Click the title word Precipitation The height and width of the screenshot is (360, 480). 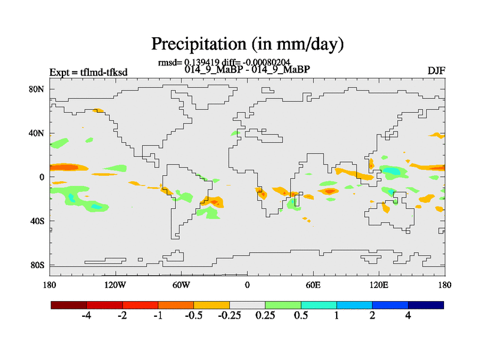click(194, 44)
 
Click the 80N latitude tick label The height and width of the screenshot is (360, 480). click(38, 89)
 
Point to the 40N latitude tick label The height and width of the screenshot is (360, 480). click(38, 133)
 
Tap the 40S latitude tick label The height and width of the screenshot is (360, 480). click(38, 221)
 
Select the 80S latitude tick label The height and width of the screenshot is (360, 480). click(38, 265)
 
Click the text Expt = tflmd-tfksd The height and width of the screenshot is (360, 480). click(88, 73)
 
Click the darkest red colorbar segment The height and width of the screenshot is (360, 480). click(69, 305)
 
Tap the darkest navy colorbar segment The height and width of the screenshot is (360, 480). click(426, 305)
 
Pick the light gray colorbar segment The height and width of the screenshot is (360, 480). click(247, 305)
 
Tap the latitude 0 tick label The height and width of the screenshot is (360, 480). click(42, 178)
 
